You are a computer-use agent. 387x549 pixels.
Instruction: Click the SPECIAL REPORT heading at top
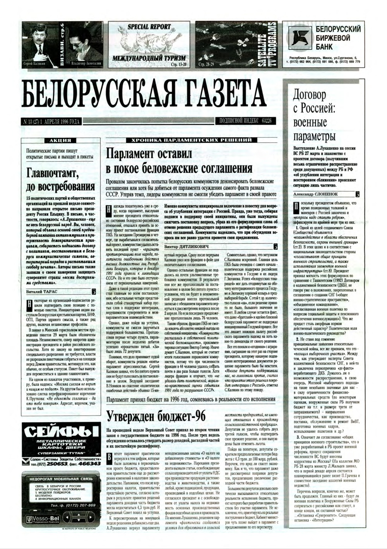(x=149, y=27)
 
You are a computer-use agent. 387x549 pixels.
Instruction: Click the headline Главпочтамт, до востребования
(x=60, y=179)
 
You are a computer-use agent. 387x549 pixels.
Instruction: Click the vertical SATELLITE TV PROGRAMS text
(x=268, y=45)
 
